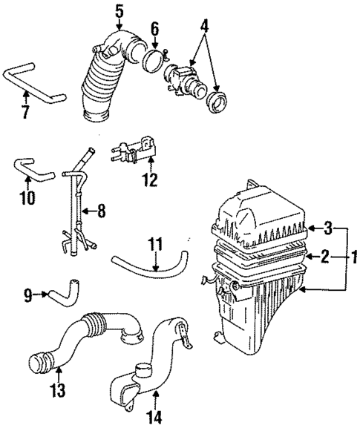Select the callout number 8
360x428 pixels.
pyautogui.click(x=101, y=211)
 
